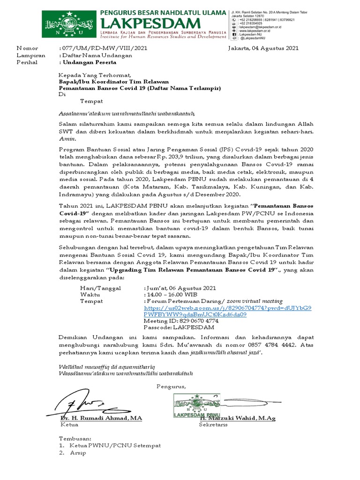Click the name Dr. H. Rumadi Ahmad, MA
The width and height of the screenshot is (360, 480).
coord(101,418)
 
